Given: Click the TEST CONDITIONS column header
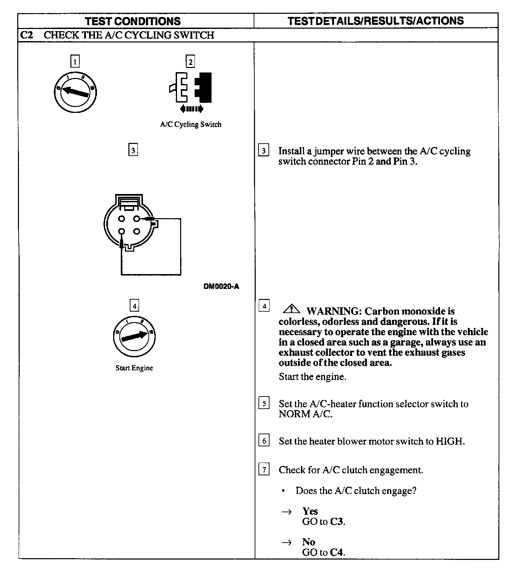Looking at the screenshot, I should click(x=133, y=21).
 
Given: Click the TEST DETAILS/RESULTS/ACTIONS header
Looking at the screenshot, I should click(x=375, y=21).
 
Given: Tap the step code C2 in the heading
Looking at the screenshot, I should click(x=27, y=35).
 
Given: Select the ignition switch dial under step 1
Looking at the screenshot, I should click(x=76, y=91).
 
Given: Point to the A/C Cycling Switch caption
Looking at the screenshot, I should click(x=190, y=124).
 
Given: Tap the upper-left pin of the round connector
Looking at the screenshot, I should click(x=121, y=218).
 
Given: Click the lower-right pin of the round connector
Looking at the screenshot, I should click(x=137, y=231).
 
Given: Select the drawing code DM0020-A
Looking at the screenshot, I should click(x=221, y=286).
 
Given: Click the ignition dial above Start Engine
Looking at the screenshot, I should click(x=134, y=336).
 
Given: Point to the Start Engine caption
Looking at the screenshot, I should click(x=134, y=368).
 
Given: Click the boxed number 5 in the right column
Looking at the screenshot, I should click(x=264, y=403).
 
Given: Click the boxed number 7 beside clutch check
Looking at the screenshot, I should click(x=264, y=469).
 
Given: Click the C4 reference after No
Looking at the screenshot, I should click(x=336, y=552).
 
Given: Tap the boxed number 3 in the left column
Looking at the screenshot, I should click(x=133, y=150).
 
